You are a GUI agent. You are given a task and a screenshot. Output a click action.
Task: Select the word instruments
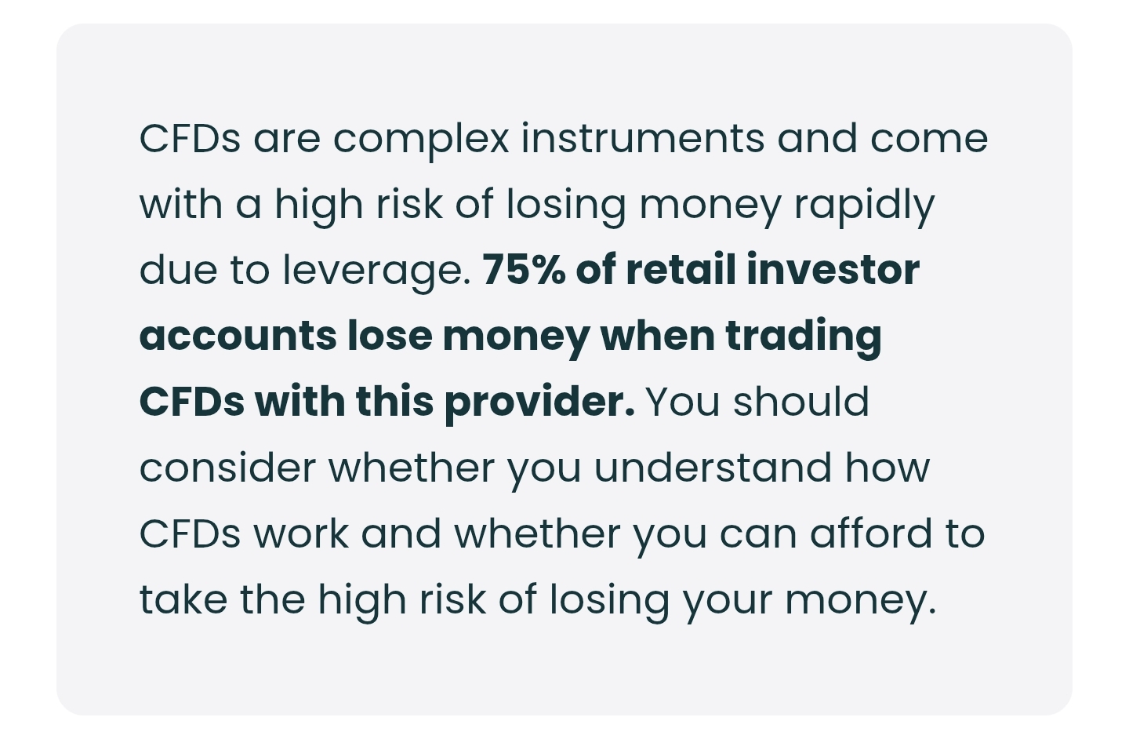[x=643, y=138]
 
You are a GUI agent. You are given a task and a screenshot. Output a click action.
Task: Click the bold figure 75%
[x=525, y=271]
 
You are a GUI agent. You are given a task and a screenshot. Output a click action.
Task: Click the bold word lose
[x=390, y=336]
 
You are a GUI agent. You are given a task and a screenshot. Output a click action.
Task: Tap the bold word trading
[x=804, y=338]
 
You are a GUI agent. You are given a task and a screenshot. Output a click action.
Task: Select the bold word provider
[x=539, y=405]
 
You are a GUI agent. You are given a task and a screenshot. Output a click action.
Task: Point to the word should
[x=801, y=402]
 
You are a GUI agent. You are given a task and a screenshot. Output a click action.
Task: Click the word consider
[x=228, y=468]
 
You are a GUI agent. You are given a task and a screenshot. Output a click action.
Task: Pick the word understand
[x=713, y=468]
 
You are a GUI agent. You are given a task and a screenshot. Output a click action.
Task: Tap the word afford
[x=871, y=533]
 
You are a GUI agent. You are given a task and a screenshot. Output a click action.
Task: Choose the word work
[x=301, y=533]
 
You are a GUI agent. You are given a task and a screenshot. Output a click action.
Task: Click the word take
[x=183, y=600]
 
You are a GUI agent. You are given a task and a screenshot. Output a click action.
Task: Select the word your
[x=728, y=603]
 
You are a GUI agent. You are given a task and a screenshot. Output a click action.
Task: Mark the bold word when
[x=658, y=336]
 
